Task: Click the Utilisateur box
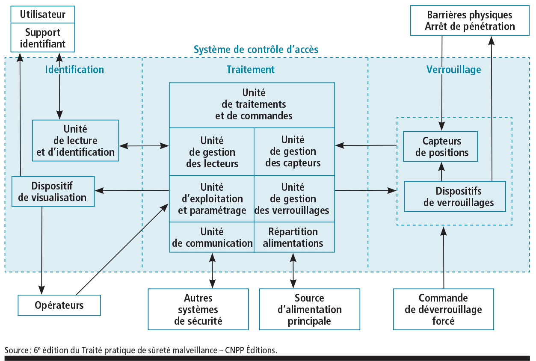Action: tap(42, 15)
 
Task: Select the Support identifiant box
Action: tap(42, 38)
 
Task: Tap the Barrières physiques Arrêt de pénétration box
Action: tap(469, 21)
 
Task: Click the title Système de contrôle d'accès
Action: tap(256, 50)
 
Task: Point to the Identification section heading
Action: tap(74, 70)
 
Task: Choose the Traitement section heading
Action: tap(250, 70)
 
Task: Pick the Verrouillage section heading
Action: tap(453, 70)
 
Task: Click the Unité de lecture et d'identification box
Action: tap(76, 140)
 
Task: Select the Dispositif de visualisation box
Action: tap(53, 191)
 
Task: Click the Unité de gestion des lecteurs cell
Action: tap(212, 152)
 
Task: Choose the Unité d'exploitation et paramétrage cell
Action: tap(212, 199)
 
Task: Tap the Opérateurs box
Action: tap(59, 305)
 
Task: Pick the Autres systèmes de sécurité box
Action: tap(198, 309)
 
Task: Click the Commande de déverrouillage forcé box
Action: tap(443, 309)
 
